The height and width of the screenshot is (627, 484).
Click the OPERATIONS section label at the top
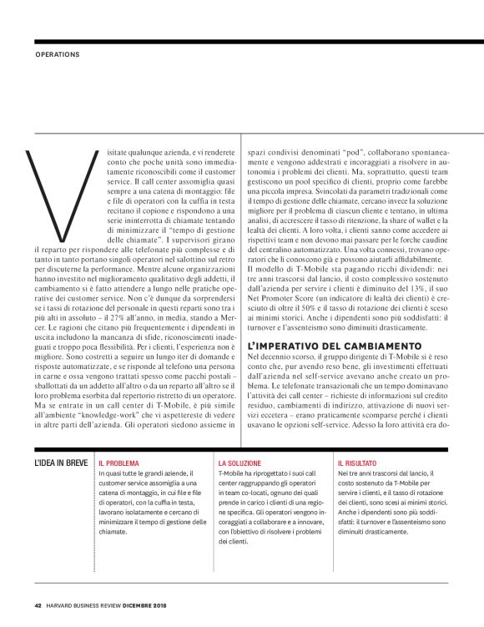coord(58,55)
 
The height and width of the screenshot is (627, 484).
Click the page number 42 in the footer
coord(38,606)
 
